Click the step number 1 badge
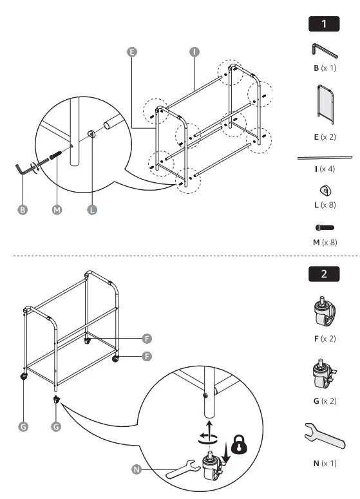click(x=324, y=24)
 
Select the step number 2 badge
click(x=324, y=274)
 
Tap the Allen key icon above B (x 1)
click(x=323, y=51)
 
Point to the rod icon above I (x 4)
click(x=325, y=156)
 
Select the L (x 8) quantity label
click(x=325, y=205)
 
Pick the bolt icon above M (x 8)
click(x=325, y=227)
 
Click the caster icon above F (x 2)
click(x=324, y=313)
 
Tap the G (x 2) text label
click(x=325, y=400)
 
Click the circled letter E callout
click(x=132, y=52)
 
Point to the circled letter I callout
click(x=193, y=52)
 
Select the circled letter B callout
click(x=23, y=210)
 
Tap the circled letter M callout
click(x=57, y=210)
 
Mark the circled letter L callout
click(x=91, y=210)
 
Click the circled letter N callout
click(x=137, y=469)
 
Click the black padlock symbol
click(x=240, y=445)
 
